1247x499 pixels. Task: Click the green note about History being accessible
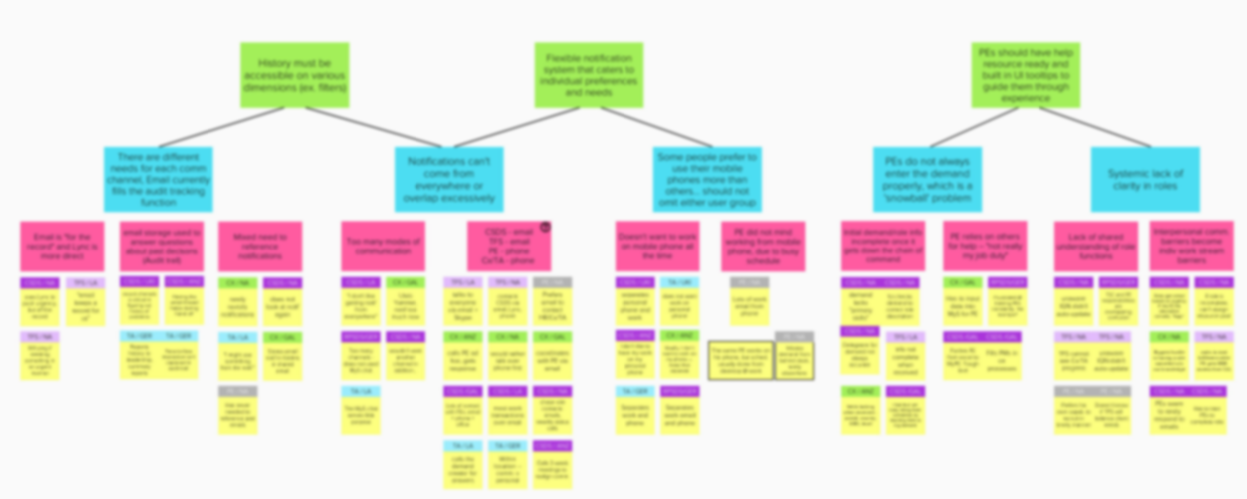(295, 75)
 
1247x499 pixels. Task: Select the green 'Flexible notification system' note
(589, 75)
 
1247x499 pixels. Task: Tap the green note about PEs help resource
(1026, 75)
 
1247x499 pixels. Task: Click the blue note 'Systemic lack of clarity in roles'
(1145, 179)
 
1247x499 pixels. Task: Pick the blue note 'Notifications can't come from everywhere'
(449, 179)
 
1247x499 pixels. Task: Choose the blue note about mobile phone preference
(707, 179)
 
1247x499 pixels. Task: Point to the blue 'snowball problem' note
(927, 179)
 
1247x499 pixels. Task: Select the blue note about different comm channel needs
(158, 179)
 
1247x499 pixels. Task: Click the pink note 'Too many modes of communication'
(383, 246)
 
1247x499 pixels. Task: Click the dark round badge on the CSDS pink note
(545, 227)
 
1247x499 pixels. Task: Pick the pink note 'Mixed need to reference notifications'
(260, 246)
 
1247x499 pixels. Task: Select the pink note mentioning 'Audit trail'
(162, 246)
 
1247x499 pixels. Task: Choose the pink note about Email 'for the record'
(62, 246)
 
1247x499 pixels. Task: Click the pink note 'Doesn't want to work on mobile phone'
(657, 246)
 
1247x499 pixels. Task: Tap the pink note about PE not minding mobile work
(763, 246)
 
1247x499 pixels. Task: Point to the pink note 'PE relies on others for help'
(985, 246)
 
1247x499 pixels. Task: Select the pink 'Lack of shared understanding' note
(1096, 246)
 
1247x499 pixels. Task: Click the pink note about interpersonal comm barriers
(1191, 246)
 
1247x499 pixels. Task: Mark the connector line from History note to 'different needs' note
(222, 127)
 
